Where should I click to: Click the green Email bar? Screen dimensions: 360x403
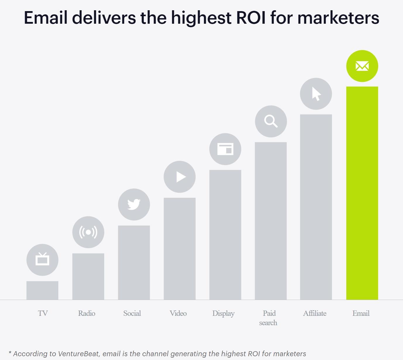tap(362, 193)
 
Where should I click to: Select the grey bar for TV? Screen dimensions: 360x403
tap(42, 290)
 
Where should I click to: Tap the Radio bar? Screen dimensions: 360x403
tap(88, 276)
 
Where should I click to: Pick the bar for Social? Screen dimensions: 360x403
tap(134, 263)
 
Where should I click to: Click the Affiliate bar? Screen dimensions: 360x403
tap(316, 207)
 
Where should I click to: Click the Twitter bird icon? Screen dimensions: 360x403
tap(134, 204)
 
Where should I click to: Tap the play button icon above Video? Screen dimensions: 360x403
tap(180, 177)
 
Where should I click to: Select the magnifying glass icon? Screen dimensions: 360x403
tap(271, 121)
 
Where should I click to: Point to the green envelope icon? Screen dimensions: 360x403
tap(362, 66)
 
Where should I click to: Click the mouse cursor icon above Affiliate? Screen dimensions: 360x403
tap(316, 94)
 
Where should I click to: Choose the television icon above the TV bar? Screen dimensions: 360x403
tap(42, 260)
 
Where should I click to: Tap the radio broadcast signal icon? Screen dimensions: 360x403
tap(88, 232)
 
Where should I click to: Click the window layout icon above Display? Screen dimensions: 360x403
tap(225, 149)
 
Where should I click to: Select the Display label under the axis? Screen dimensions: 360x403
tap(223, 313)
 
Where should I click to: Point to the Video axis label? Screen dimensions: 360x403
tap(178, 313)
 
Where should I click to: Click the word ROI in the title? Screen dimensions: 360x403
tap(251, 18)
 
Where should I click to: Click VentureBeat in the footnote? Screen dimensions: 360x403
tap(78, 354)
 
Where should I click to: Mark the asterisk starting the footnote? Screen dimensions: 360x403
tap(10, 353)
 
